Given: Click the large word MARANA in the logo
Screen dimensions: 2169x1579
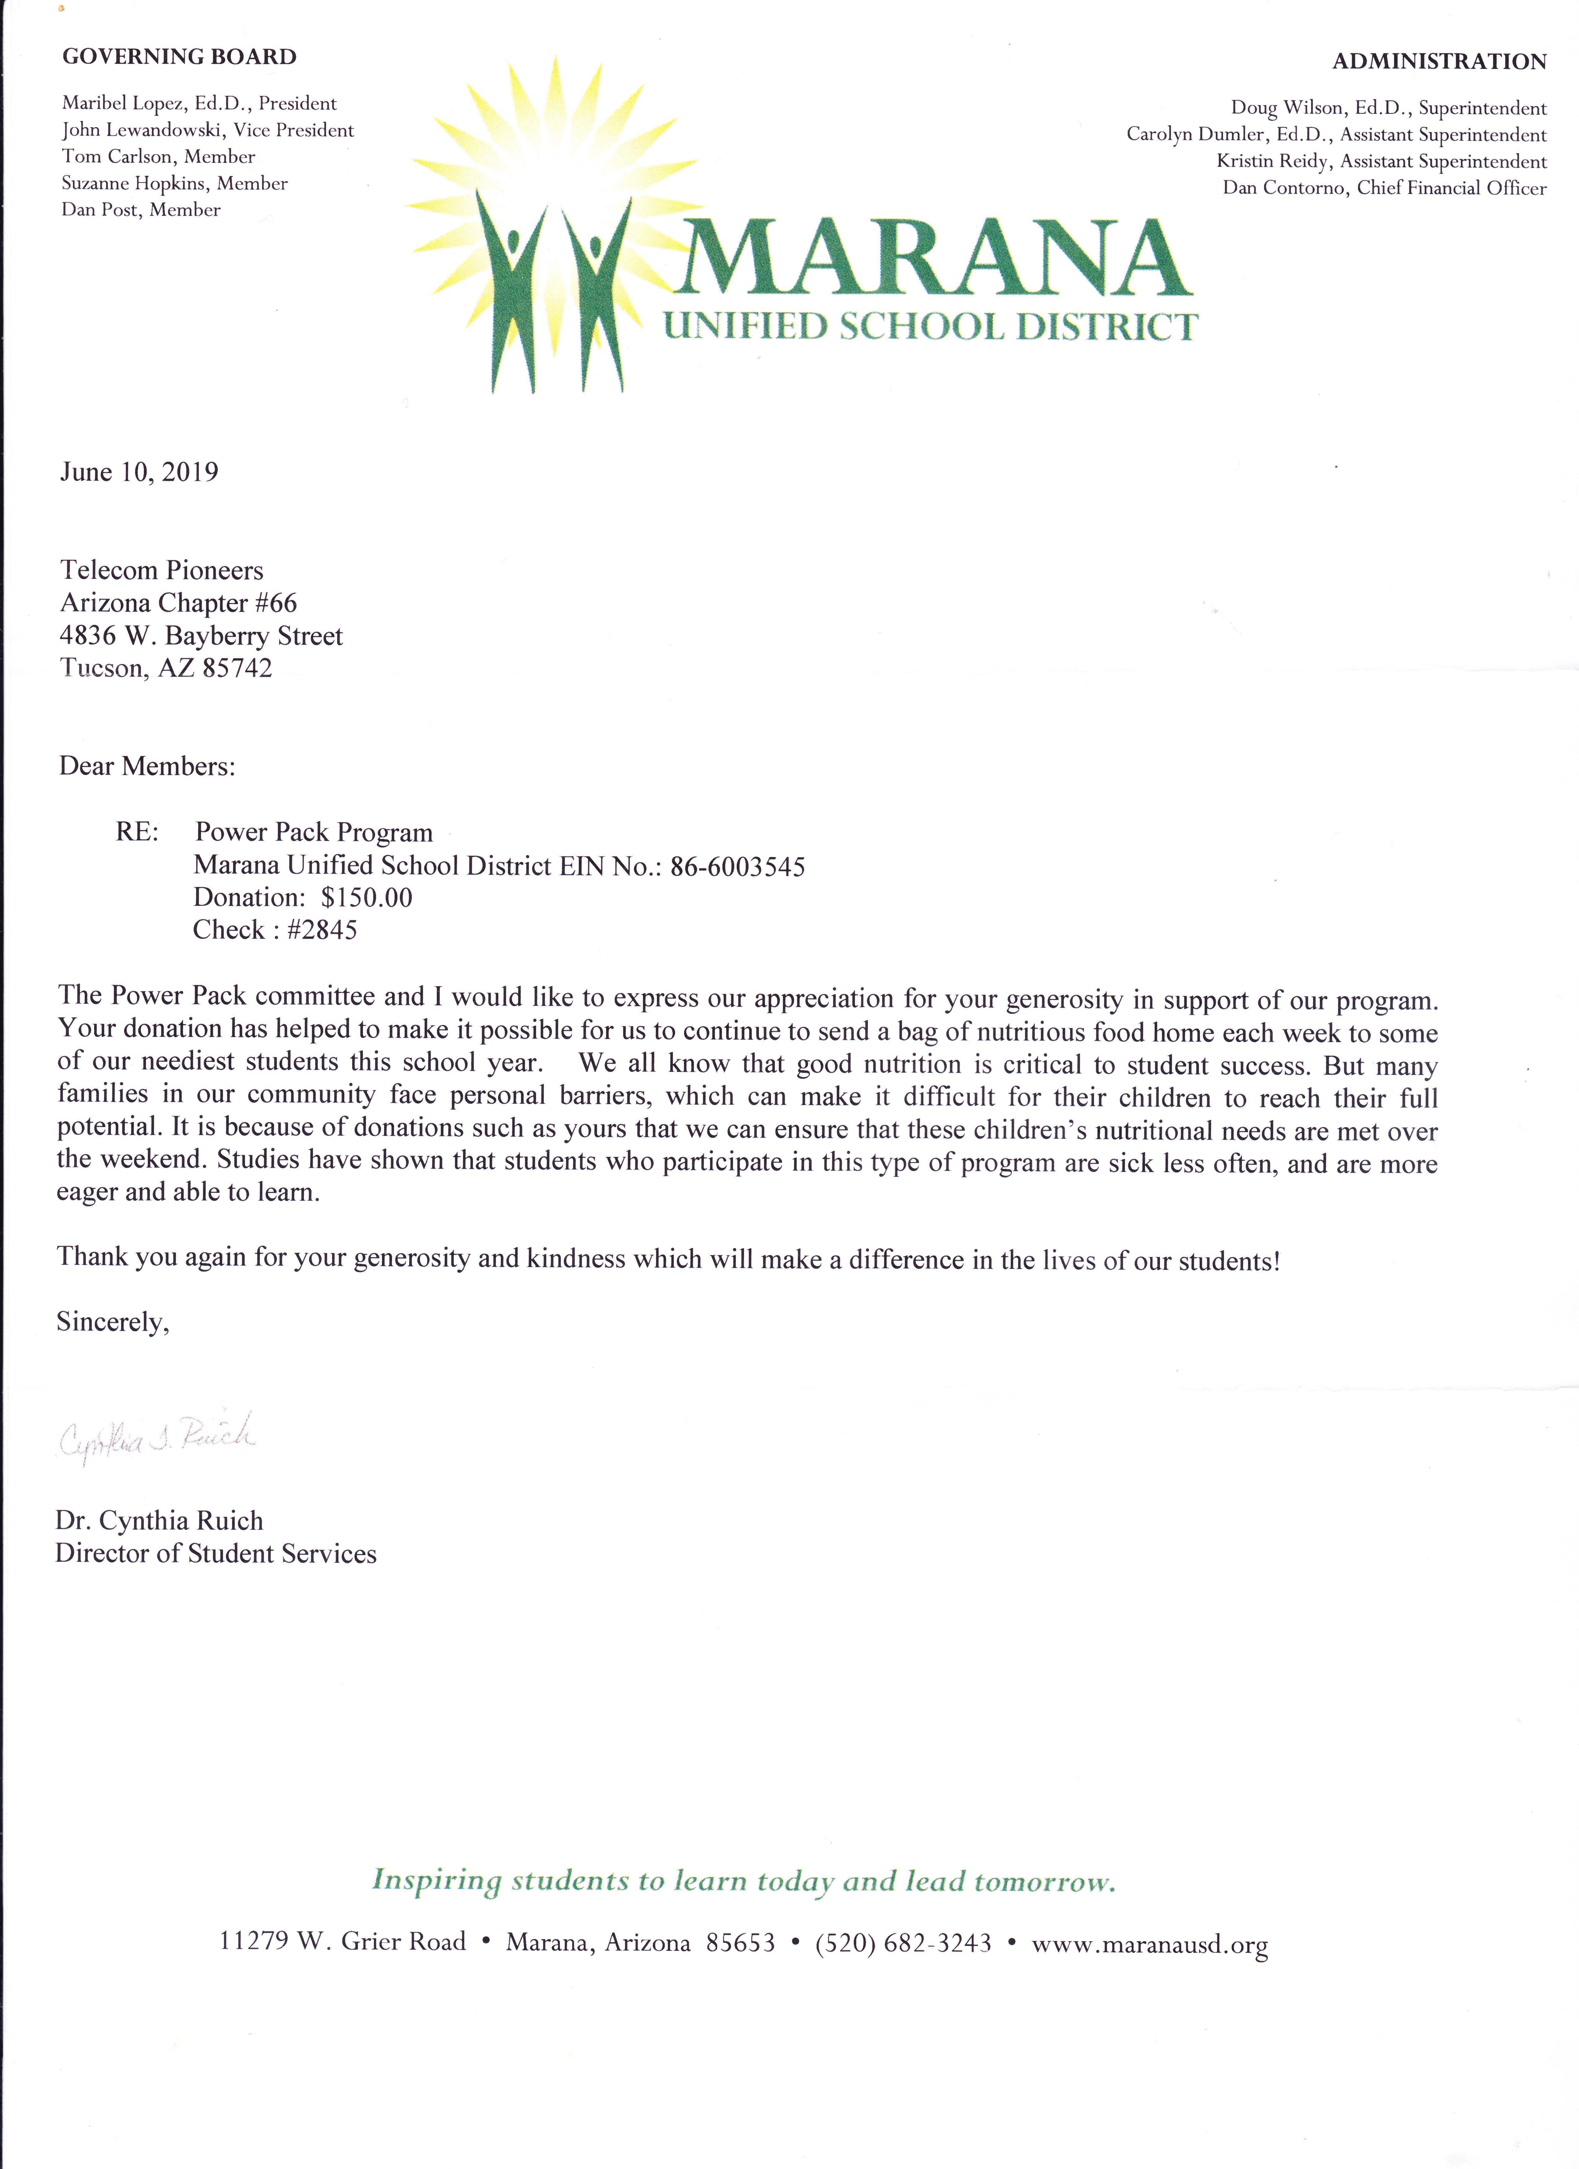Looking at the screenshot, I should coord(933,258).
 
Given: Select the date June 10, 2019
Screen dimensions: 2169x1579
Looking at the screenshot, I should coord(139,472).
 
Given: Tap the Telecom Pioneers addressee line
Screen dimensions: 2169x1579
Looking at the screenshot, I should coord(162,571).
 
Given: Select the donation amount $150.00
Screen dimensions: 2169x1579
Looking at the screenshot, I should coord(366,898).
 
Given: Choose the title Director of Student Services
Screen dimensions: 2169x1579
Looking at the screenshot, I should coord(215,1554).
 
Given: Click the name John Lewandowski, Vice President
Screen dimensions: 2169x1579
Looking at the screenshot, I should coord(207,130).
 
